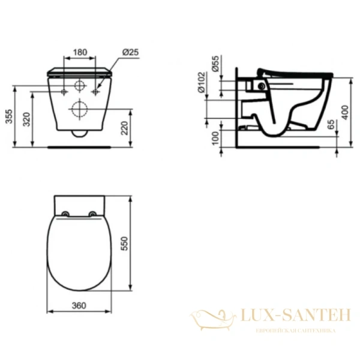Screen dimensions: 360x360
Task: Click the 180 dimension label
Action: (79, 52)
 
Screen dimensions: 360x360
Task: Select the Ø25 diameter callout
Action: (131, 52)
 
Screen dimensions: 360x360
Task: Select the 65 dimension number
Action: (331, 125)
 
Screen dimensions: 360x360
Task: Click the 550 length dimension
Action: (142, 243)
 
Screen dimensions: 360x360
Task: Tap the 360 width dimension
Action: (79, 305)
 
